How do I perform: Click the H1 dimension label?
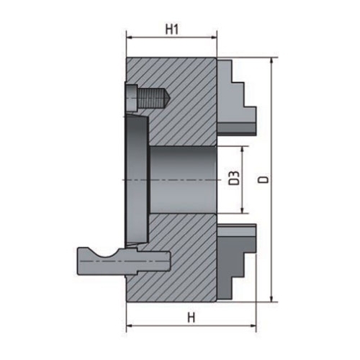(171, 30)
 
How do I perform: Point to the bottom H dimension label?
(191, 318)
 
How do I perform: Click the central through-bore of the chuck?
(184, 178)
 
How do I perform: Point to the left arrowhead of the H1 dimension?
(130, 41)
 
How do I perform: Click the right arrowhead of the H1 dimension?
(214, 41)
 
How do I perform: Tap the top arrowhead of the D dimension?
(272, 63)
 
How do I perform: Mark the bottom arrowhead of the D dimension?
(272, 297)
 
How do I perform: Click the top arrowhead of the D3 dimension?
(245, 148)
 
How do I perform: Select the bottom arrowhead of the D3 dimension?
(245, 210)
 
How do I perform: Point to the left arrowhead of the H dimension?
(130, 325)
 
